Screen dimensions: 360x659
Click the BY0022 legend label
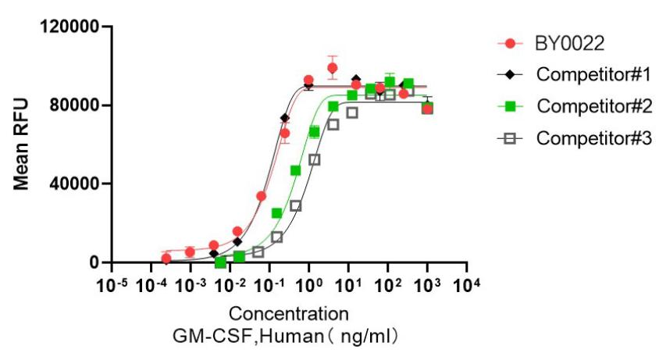click(x=571, y=43)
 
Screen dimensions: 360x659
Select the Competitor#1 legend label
click(x=593, y=75)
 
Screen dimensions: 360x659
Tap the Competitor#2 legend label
click(x=593, y=106)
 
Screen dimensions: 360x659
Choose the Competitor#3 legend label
click(x=593, y=138)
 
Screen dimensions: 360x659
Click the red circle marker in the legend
click(x=510, y=43)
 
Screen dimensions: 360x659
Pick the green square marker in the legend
click(x=510, y=106)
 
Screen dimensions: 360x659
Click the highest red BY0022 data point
click(x=332, y=68)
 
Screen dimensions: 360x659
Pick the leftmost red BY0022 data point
click(x=166, y=258)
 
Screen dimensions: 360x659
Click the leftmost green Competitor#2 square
click(x=220, y=262)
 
